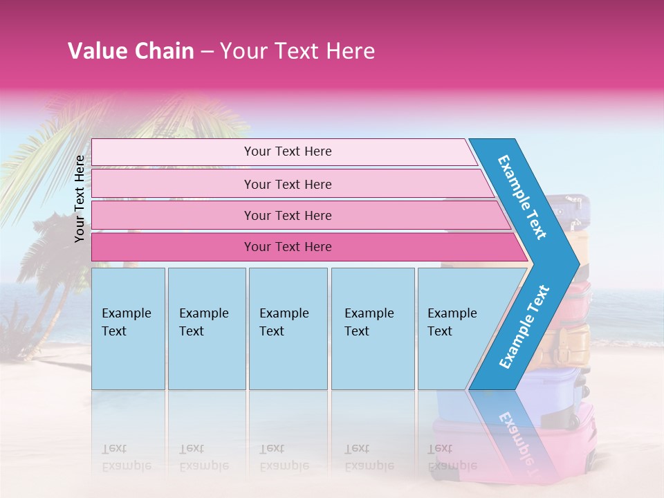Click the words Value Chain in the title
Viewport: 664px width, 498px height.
(131, 51)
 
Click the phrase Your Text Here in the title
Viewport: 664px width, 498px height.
(297, 51)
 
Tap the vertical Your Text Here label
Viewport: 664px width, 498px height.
(80, 199)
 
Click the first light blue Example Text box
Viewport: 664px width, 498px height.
(128, 329)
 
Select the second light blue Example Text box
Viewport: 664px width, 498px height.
(206, 329)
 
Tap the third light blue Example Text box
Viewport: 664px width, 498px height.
(287, 329)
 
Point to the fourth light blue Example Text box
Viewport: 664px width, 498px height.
(372, 329)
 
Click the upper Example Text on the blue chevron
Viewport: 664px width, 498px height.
(522, 197)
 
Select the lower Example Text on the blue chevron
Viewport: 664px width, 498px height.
(524, 327)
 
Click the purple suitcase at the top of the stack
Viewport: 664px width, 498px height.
(571, 207)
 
